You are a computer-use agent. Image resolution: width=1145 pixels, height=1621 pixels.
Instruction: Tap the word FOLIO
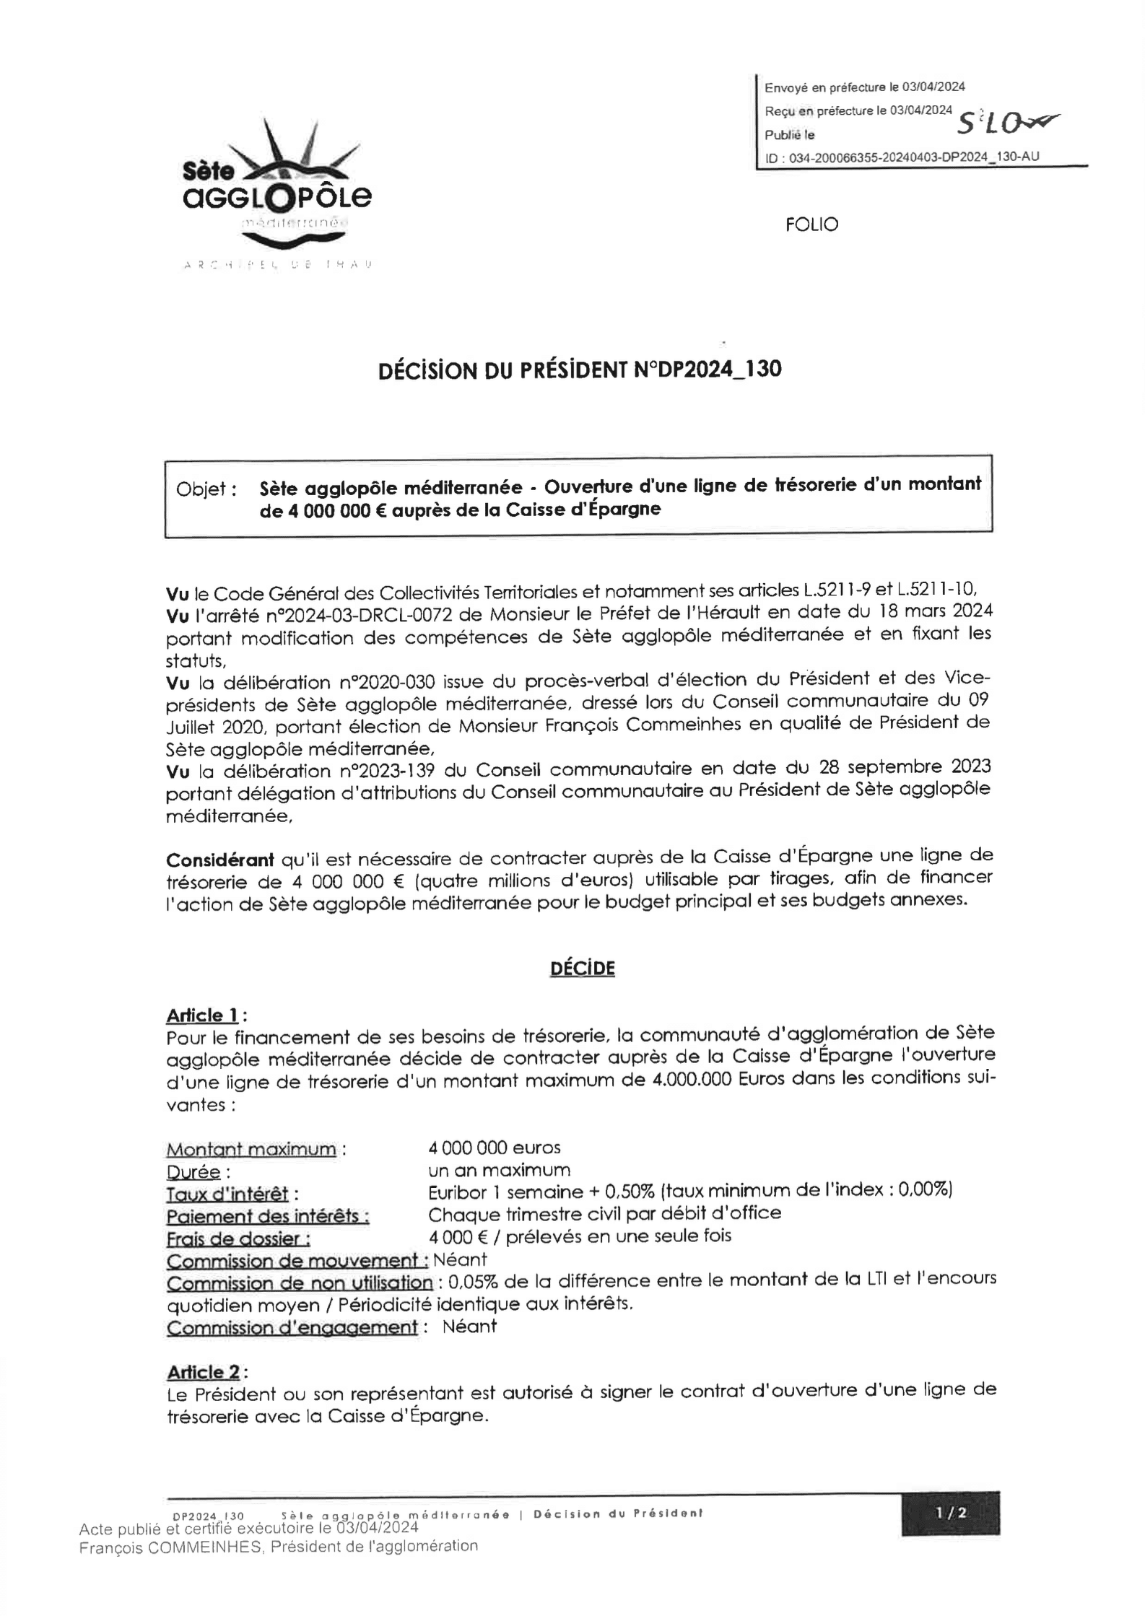click(x=811, y=224)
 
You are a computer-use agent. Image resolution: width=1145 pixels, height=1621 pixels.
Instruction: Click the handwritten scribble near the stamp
click(x=1003, y=125)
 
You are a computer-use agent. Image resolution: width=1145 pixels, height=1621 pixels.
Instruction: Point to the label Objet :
click(x=206, y=489)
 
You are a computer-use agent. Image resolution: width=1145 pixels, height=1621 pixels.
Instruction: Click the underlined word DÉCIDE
click(x=582, y=968)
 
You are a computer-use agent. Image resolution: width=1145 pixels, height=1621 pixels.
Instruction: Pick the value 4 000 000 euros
click(x=494, y=1148)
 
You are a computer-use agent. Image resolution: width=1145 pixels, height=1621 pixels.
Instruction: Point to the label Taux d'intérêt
click(x=227, y=1194)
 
